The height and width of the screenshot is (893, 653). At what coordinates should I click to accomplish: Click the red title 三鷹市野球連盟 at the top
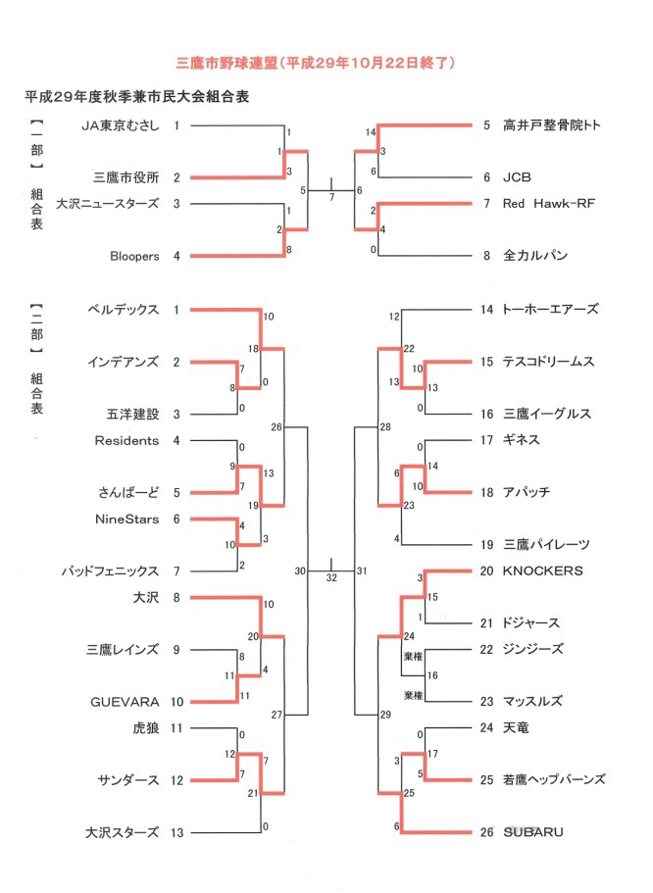226,63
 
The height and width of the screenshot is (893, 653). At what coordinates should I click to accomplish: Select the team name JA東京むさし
121,125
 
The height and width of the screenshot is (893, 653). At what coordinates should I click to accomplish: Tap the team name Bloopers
134,256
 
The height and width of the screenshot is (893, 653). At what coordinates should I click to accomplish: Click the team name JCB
517,177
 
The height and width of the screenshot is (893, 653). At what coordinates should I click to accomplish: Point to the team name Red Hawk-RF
549,203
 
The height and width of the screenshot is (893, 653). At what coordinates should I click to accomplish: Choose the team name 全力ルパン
535,255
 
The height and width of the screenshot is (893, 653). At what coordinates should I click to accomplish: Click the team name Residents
126,440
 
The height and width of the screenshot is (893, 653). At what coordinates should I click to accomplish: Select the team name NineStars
127,519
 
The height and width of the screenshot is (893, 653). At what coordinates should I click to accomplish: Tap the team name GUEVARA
125,702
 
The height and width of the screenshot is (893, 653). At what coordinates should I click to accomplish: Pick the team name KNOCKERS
542,571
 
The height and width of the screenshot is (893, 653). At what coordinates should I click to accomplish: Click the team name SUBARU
532,832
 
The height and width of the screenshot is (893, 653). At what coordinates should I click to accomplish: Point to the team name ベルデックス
124,309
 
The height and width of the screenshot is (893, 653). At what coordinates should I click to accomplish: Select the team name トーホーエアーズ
550,309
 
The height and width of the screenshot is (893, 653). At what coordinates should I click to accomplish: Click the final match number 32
331,577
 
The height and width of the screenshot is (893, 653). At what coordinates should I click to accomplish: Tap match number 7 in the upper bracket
331,197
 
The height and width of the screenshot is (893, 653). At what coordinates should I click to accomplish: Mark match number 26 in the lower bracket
276,426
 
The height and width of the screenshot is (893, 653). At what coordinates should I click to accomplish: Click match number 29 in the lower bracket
385,715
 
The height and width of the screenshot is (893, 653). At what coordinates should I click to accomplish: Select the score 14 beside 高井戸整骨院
371,132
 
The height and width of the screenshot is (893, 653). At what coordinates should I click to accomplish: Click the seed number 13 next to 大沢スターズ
177,832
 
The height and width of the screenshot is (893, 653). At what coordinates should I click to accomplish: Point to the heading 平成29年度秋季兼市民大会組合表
136,97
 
